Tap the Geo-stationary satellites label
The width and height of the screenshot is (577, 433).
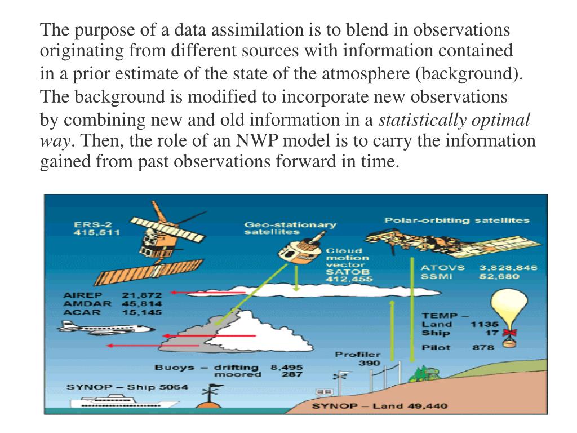(290, 228)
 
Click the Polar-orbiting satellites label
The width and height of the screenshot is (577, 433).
(456, 220)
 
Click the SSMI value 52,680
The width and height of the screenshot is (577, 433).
(499, 276)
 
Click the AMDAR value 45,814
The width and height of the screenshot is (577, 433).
(142, 303)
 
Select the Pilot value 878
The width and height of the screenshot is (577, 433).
(483, 347)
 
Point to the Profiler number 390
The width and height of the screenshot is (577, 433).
(369, 363)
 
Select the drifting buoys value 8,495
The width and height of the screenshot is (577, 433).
(286, 367)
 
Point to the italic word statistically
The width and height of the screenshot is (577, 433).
(423, 120)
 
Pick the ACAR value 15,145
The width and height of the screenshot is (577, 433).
(142, 312)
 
